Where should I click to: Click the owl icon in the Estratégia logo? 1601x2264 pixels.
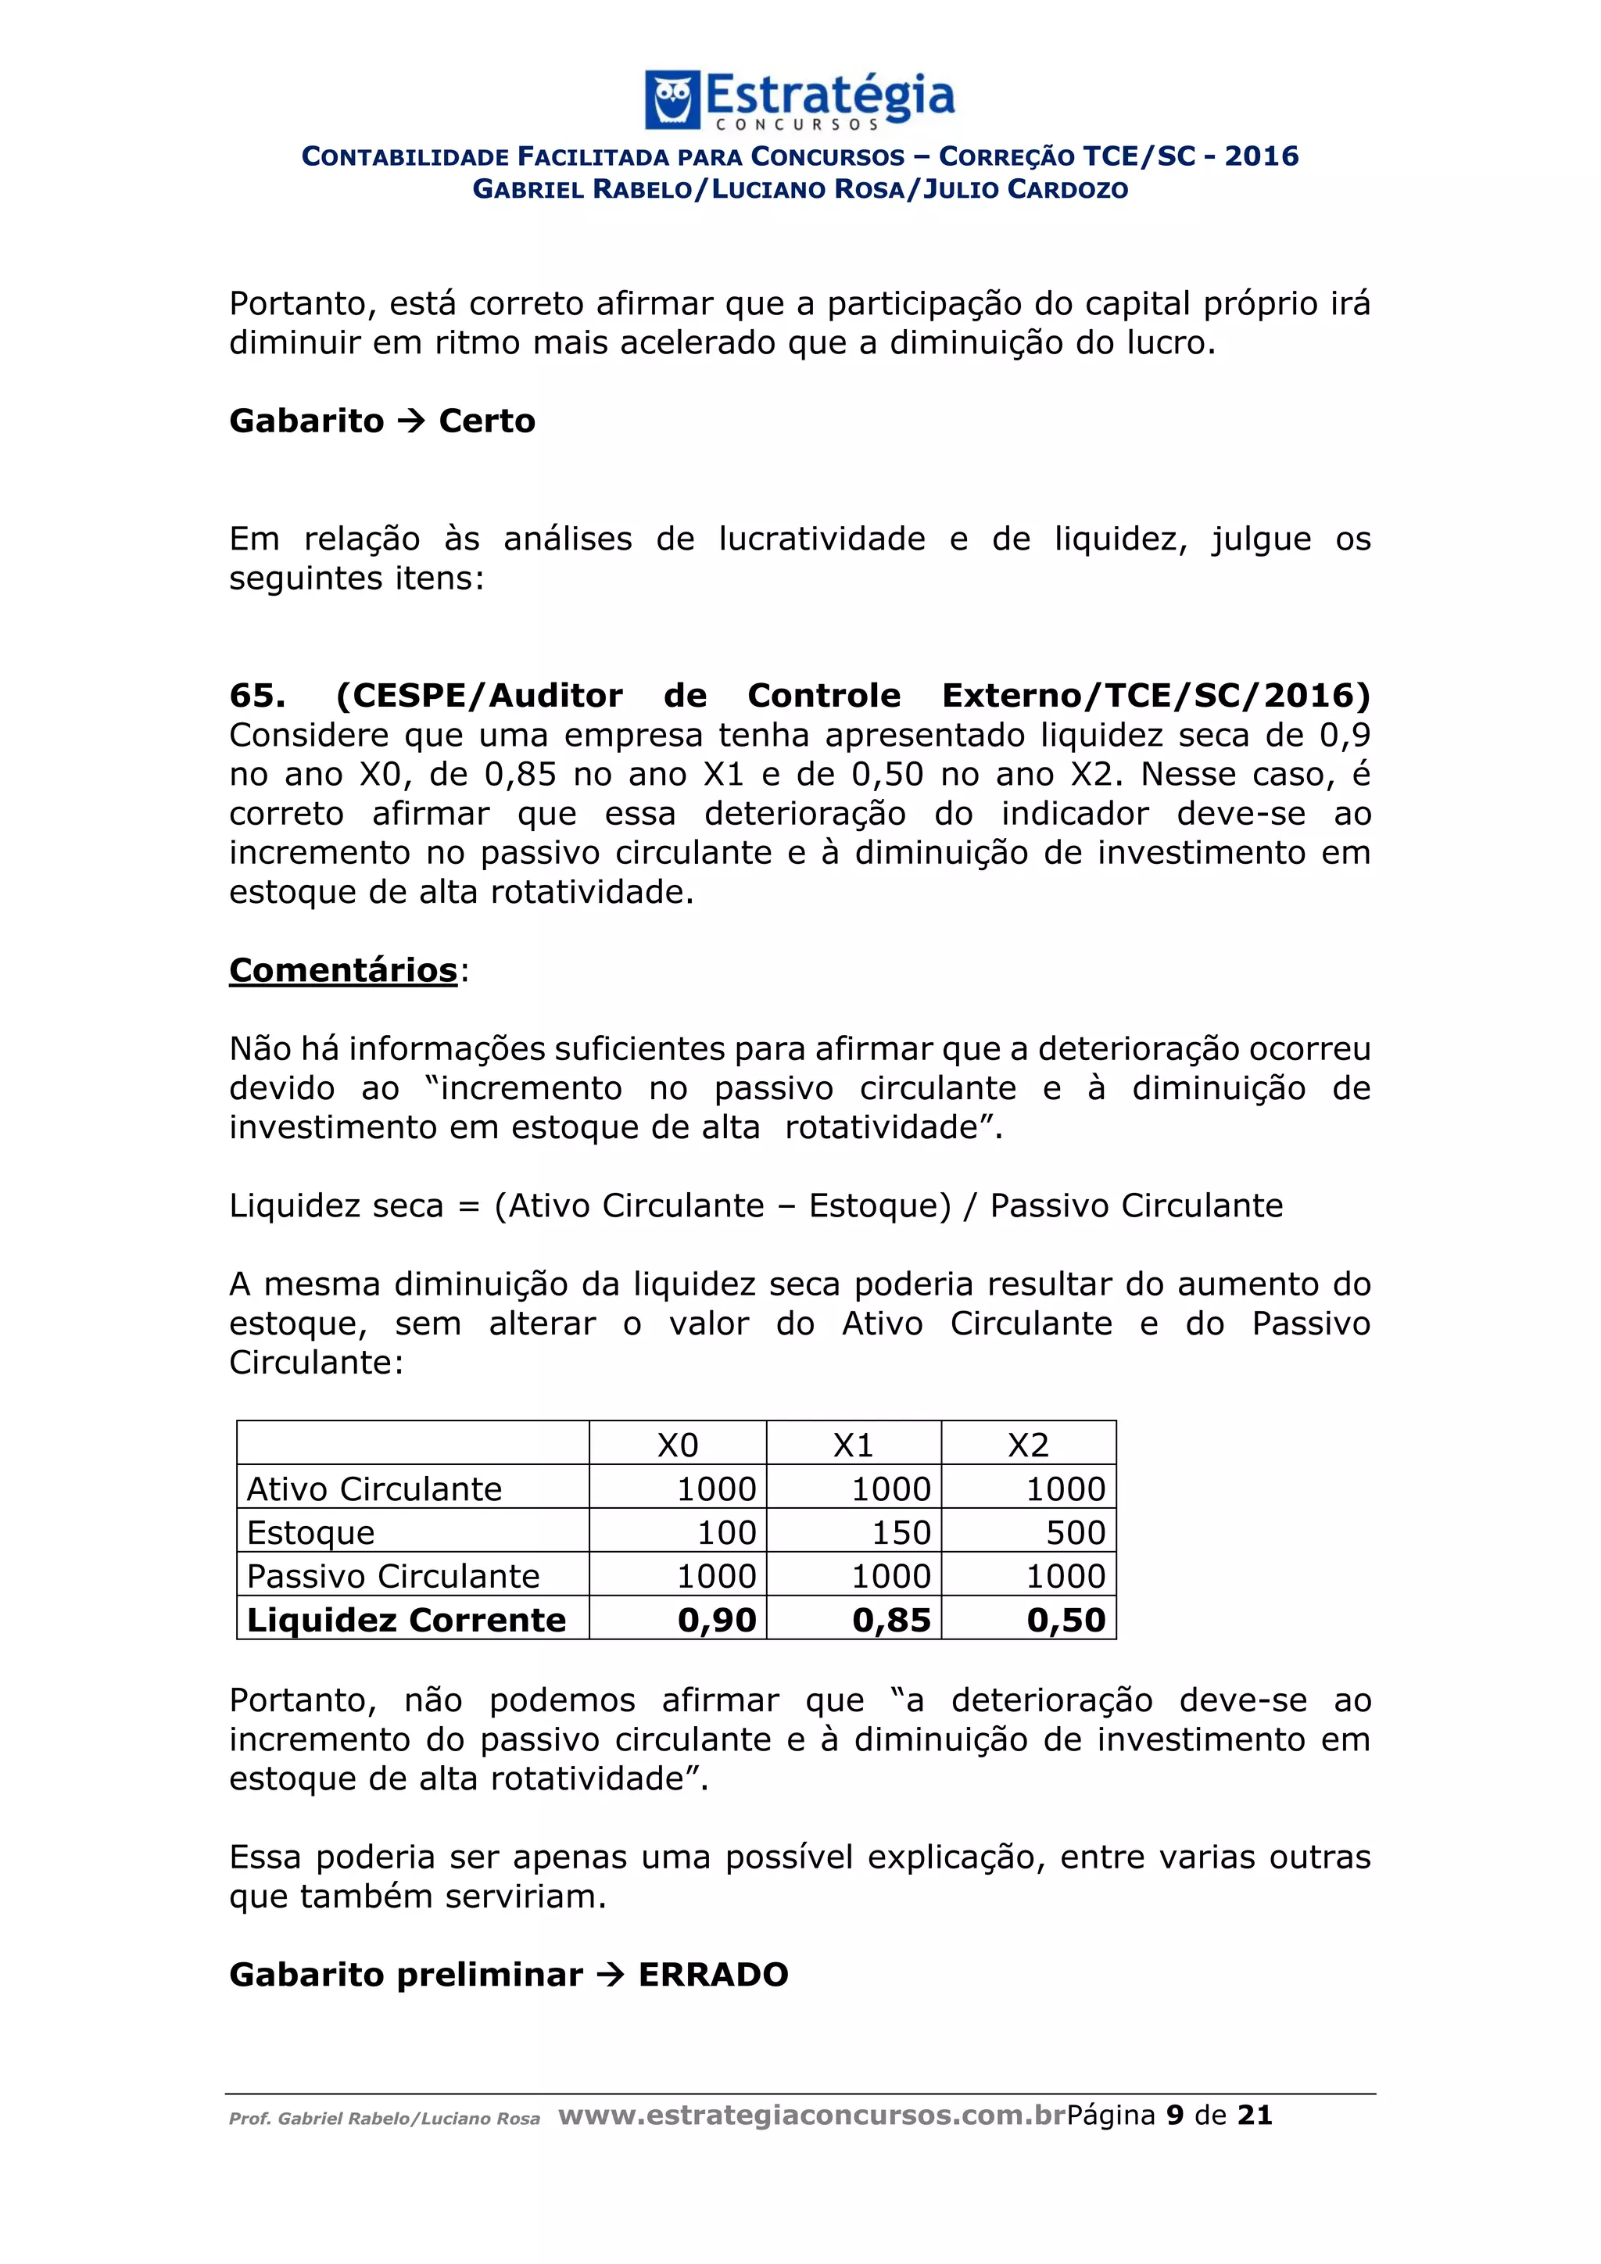(672, 99)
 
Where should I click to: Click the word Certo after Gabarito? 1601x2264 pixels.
(487, 421)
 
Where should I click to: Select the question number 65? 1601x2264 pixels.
(257, 695)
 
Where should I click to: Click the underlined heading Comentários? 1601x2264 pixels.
(343, 970)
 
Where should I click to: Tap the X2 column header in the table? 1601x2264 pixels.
(1028, 1445)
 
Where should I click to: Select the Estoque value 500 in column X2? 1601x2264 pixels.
(1076, 1532)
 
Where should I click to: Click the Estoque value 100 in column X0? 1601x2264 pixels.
(726, 1532)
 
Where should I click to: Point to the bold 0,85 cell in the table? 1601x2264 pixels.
(891, 1620)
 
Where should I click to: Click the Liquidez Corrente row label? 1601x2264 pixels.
(407, 1620)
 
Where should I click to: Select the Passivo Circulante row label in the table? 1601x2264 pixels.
(392, 1576)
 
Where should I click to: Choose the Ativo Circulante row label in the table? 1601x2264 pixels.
(374, 1489)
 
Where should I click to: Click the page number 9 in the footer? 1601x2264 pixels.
(1175, 2116)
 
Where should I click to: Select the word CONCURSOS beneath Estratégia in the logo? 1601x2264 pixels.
(797, 125)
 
